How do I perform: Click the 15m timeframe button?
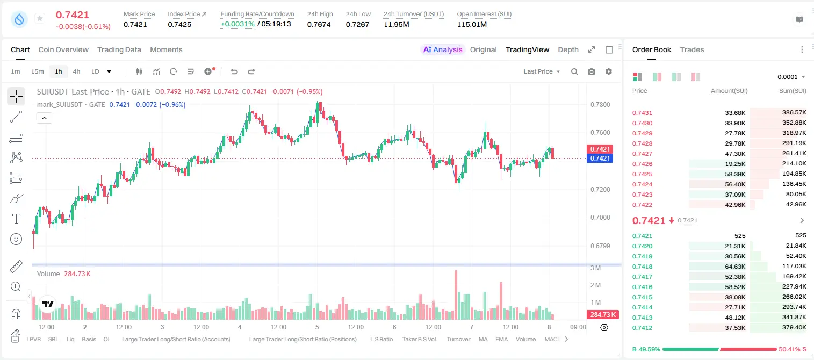[37, 71]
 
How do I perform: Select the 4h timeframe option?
[76, 71]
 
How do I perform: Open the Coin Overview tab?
[63, 49]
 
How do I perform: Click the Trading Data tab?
[119, 49]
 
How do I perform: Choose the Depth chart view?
[568, 49]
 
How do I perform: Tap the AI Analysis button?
[443, 49]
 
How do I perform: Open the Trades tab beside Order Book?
[691, 49]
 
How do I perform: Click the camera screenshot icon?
[591, 71]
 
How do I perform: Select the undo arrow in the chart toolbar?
[234, 71]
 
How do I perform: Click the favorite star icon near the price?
[40, 18]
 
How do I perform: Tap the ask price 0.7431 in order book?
[642, 113]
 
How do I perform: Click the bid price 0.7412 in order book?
[642, 328]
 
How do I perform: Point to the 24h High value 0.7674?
[319, 24]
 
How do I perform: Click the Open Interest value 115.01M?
[472, 24]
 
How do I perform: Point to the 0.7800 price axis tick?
[600, 105]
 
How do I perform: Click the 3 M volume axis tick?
[595, 268]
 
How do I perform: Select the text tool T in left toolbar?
[16, 219]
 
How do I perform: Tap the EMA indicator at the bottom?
[501, 339]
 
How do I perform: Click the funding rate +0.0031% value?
[237, 24]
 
